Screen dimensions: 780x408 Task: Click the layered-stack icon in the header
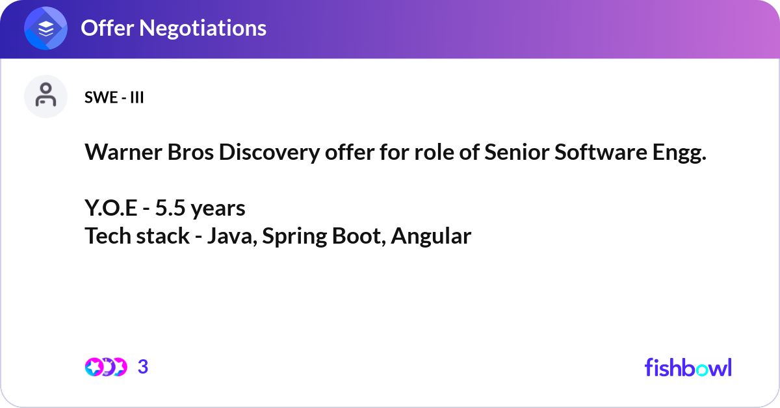(45, 28)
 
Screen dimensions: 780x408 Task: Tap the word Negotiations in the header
(203, 28)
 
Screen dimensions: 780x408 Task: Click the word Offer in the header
(107, 28)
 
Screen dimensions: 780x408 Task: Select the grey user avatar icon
(45, 96)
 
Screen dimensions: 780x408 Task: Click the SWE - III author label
(114, 97)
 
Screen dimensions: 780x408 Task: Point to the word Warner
(123, 152)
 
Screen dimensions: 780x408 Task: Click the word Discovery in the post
(269, 153)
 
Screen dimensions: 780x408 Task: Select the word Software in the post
(601, 152)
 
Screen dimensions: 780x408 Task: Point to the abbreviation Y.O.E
(110, 208)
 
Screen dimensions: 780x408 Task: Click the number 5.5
(170, 208)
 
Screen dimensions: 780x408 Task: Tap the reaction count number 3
(143, 367)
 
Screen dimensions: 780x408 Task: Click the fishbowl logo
(688, 367)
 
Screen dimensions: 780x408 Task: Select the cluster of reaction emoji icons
(106, 367)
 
